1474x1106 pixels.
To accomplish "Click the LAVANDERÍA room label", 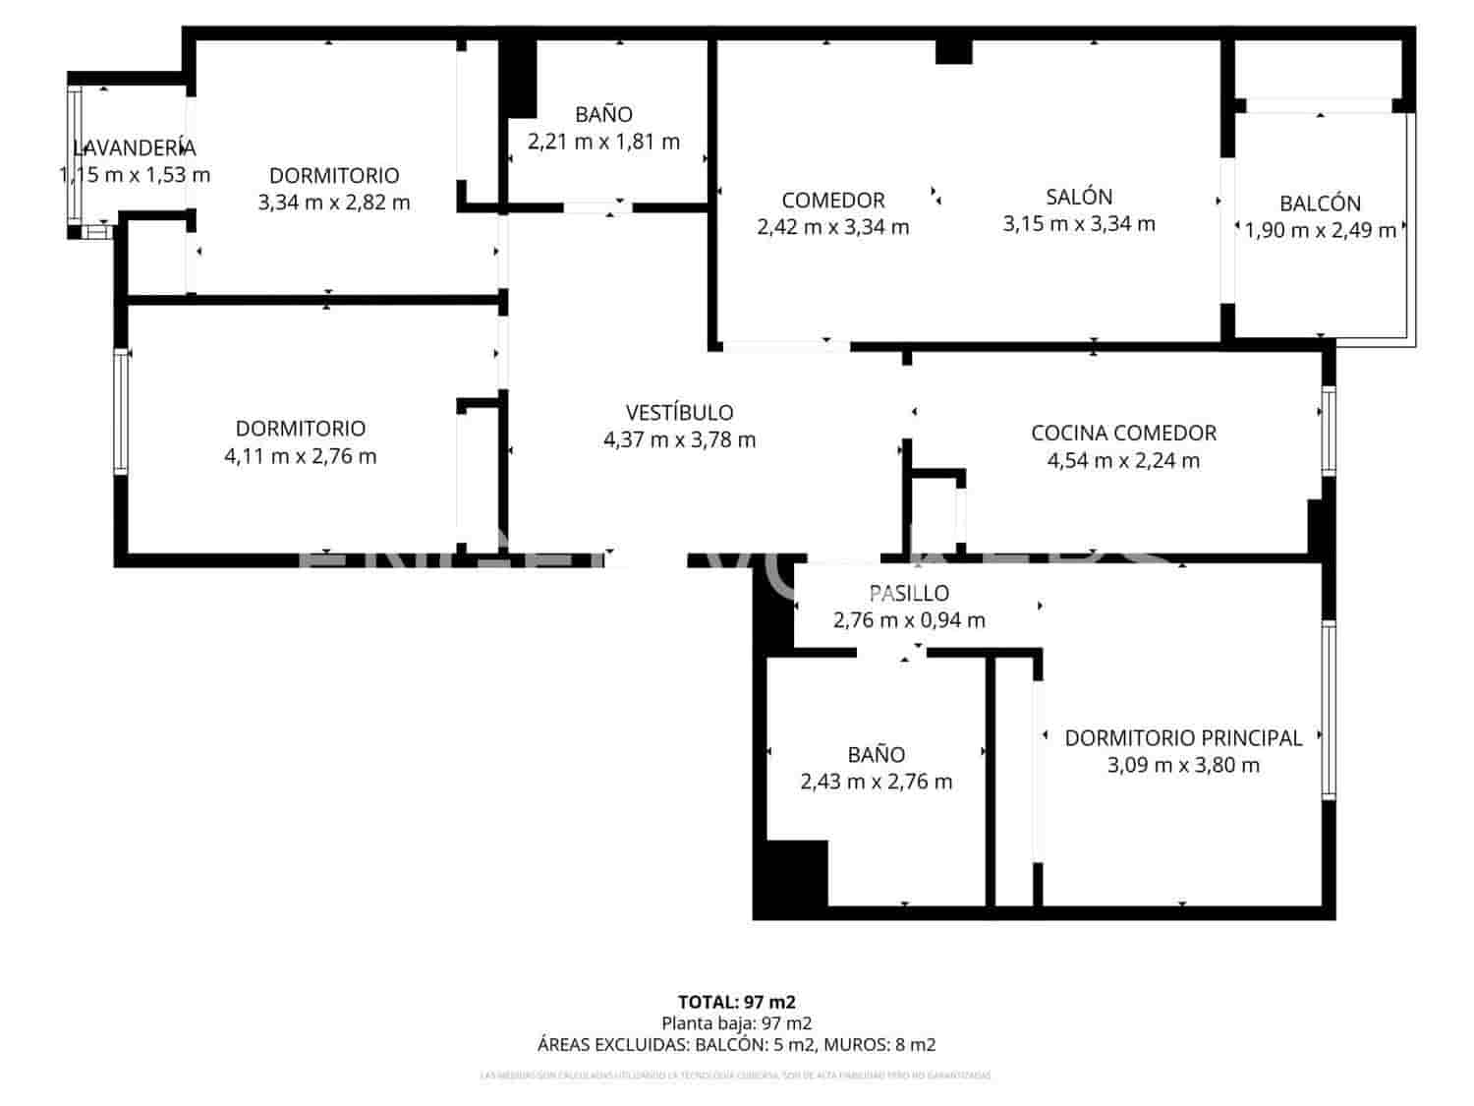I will [135, 148].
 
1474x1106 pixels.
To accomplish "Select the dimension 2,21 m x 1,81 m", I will [603, 142].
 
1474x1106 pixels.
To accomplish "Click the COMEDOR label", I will [833, 201].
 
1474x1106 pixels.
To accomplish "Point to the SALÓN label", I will [1079, 197].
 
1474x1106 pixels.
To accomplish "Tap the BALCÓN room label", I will [1320, 204].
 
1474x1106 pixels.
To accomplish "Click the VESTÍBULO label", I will [679, 413].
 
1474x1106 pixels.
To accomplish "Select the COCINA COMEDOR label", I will [1123, 434].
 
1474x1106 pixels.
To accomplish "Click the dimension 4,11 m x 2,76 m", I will [300, 456].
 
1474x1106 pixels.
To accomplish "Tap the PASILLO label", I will [909, 593].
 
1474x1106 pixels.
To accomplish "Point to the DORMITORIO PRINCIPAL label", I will [1183, 737].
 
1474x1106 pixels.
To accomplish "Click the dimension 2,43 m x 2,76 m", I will [876, 783].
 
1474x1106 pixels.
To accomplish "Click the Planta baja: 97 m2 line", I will [736, 1023].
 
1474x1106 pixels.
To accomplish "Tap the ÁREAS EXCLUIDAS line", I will [736, 1045].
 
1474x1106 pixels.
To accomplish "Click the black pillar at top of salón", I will [953, 51].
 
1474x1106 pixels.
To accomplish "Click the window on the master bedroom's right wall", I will [1329, 710].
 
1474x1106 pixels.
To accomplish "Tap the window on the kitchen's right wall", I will [1329, 431].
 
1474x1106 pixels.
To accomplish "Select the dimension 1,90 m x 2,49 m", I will [1320, 231].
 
